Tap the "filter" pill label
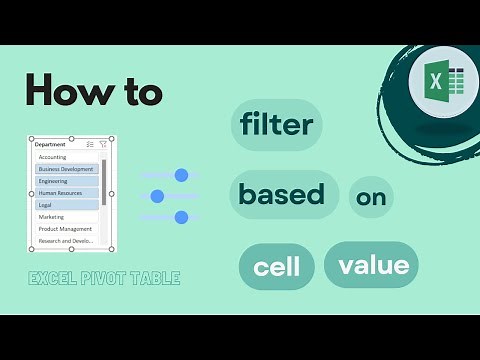[x=276, y=125]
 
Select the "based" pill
[x=283, y=194]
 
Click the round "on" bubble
[x=371, y=198]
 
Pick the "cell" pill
[x=277, y=267]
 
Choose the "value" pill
[x=372, y=265]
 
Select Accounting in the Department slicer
[x=53, y=157]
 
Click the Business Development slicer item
[x=66, y=169]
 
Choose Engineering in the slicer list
[x=54, y=181]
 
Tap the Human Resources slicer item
[x=61, y=193]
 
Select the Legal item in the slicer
[x=46, y=205]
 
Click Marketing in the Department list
[x=51, y=217]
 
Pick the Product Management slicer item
[x=65, y=229]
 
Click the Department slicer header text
[x=50, y=144]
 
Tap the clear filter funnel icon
[x=103, y=144]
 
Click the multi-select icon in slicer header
[x=90, y=144]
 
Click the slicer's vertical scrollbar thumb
[x=104, y=180]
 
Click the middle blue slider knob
[x=157, y=196]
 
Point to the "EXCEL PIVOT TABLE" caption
[x=104, y=278]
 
